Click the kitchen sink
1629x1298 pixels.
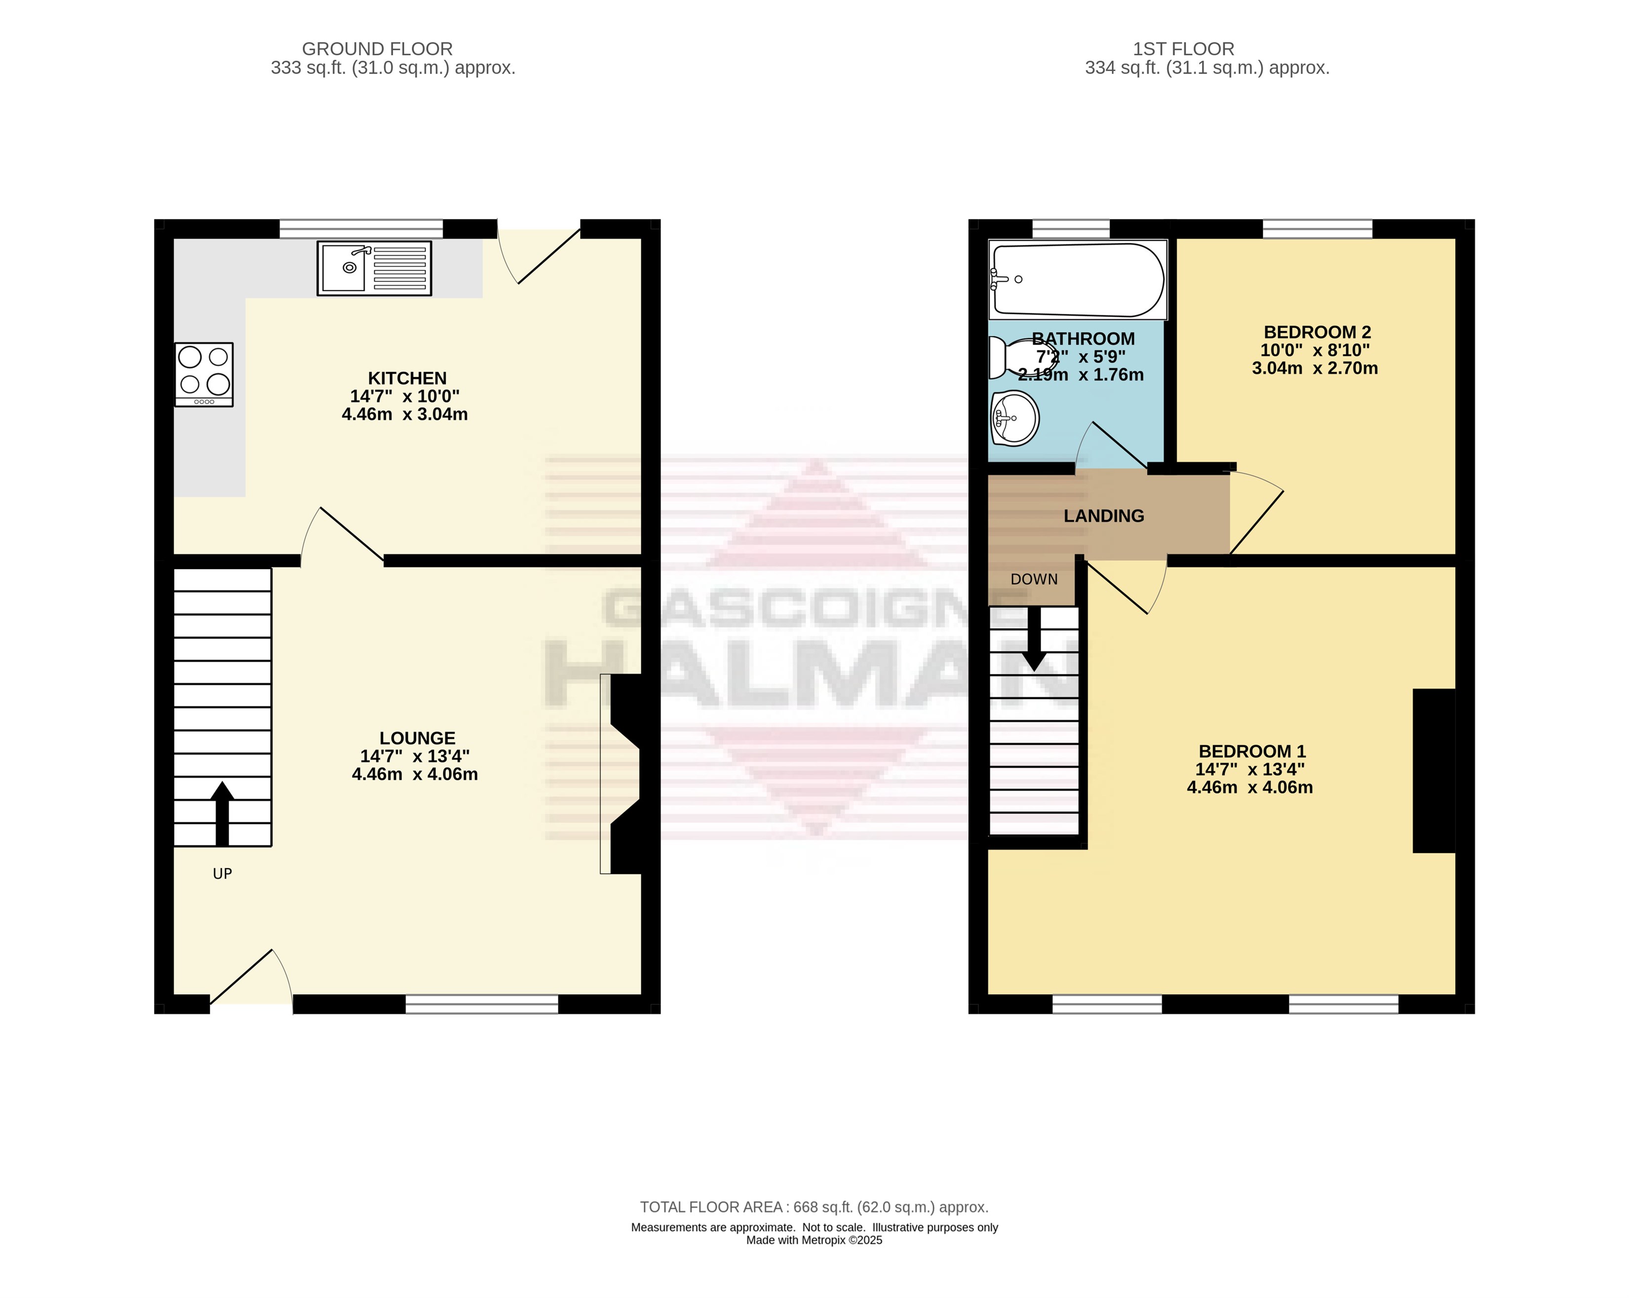(x=374, y=268)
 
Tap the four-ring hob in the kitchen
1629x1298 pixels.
(x=204, y=375)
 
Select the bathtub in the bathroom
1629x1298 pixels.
(x=1078, y=279)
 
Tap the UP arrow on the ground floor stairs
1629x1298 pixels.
(x=222, y=814)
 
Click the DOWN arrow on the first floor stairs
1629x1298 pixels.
(x=1034, y=639)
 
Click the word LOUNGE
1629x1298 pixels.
(x=417, y=738)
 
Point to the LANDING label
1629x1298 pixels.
(x=1104, y=516)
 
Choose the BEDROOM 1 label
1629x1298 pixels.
(x=1252, y=751)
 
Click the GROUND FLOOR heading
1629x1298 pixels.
(x=377, y=49)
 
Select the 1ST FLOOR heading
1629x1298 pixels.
(x=1183, y=49)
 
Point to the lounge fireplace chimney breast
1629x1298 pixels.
(x=625, y=774)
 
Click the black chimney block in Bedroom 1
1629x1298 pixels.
(x=1434, y=770)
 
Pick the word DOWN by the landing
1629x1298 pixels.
(x=1034, y=579)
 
